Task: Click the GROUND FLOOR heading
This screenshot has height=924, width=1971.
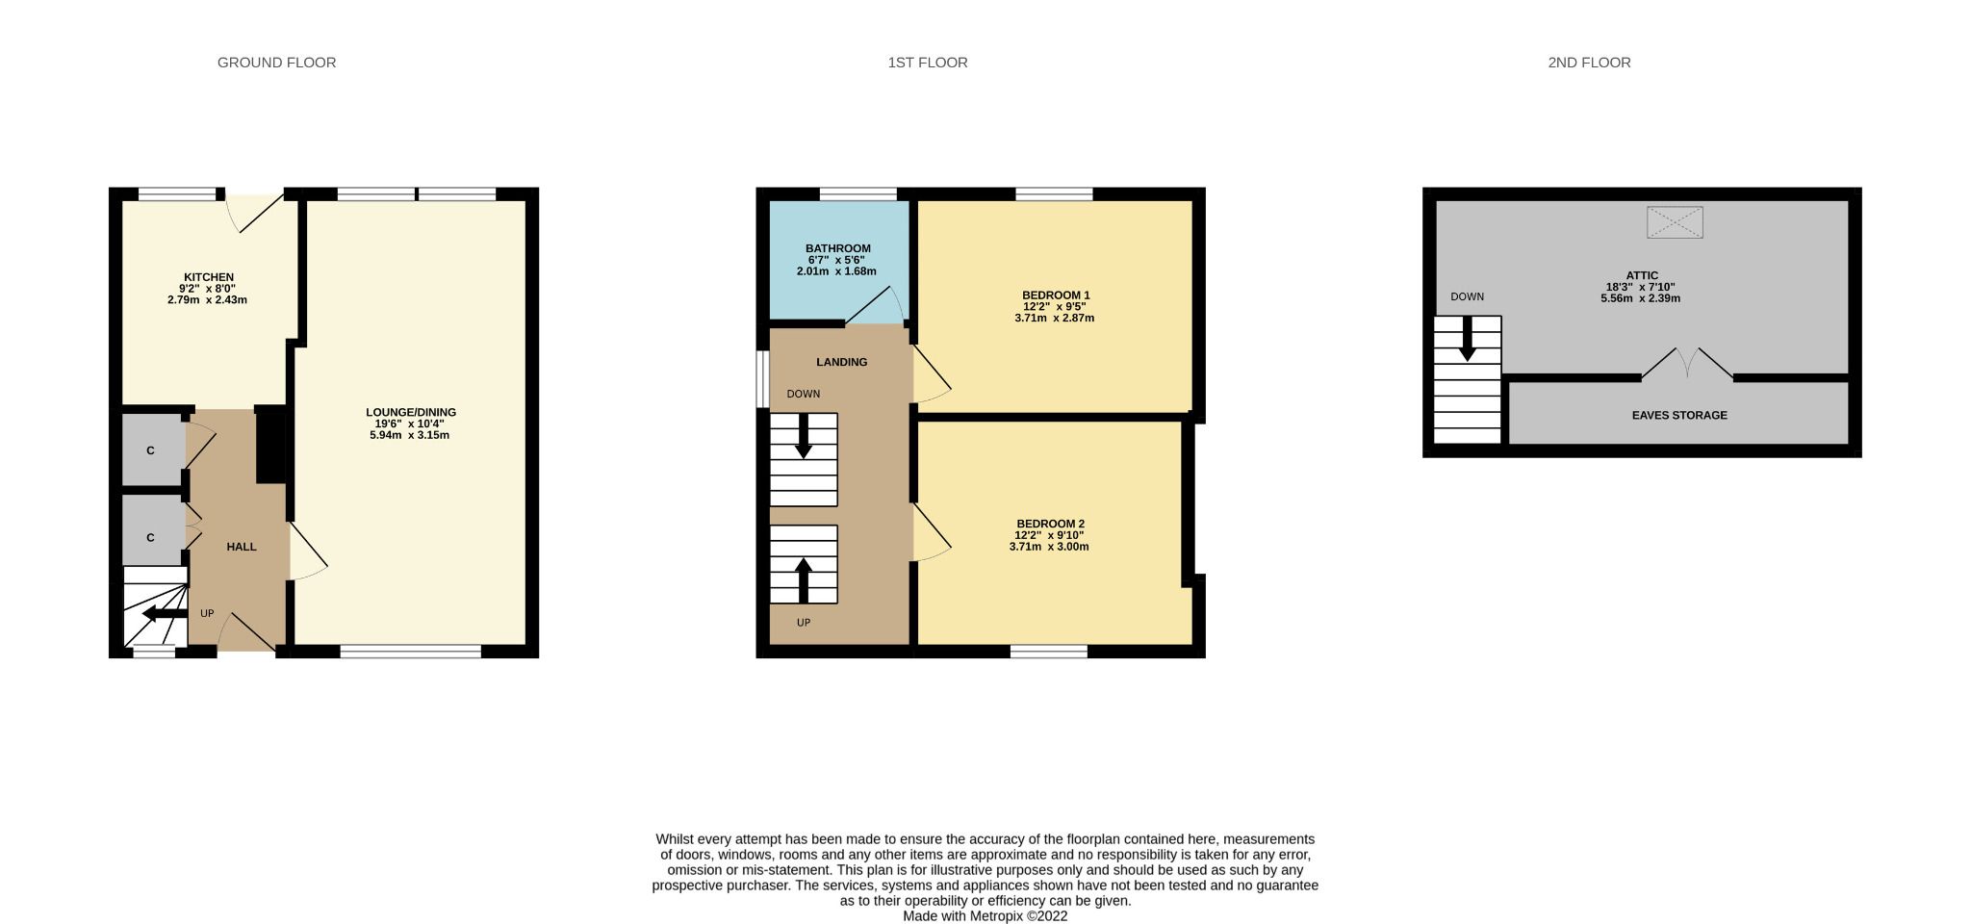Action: coord(276,63)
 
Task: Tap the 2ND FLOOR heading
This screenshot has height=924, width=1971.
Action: coord(1589,63)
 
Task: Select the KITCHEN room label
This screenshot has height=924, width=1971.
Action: coord(209,277)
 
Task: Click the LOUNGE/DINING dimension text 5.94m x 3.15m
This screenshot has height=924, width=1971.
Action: coord(410,435)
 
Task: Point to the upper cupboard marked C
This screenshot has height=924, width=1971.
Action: coord(151,450)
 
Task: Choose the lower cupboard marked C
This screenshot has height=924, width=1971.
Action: coord(151,537)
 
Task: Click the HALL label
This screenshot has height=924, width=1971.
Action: coord(242,547)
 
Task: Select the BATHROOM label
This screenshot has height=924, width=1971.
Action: coord(838,248)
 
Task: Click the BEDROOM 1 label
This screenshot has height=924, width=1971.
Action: coord(1056,295)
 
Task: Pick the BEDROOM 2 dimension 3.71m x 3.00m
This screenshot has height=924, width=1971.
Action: coord(1049,547)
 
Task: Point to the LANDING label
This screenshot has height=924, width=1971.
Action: coord(842,362)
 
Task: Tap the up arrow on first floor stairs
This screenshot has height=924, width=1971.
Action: coord(804,577)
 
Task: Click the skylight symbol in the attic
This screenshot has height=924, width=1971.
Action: coord(1675,222)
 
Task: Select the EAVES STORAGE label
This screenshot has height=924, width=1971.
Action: coord(1679,416)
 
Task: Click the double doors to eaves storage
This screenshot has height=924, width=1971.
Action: coord(1688,364)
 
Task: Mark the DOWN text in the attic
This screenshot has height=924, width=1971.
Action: coord(1467,296)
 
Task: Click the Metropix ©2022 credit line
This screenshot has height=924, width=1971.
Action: coord(985,916)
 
